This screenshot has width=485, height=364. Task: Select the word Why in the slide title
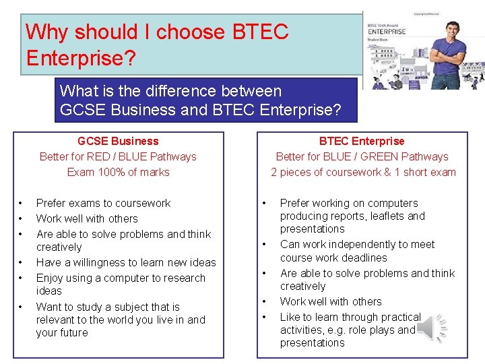[x=47, y=32]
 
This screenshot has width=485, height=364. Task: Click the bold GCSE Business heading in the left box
[x=118, y=141]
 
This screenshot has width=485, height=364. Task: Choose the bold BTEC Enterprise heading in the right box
[x=362, y=141]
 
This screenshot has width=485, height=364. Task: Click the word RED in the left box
[x=102, y=156]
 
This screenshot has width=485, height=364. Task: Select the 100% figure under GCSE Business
[x=109, y=172]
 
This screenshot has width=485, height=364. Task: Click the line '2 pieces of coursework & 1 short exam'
[x=363, y=172]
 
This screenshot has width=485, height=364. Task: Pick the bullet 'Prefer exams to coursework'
[x=103, y=203]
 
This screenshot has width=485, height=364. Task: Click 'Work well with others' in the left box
[x=87, y=218]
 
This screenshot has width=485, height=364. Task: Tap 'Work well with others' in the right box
[x=330, y=301]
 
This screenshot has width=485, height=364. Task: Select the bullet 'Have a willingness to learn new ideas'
[x=126, y=262]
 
